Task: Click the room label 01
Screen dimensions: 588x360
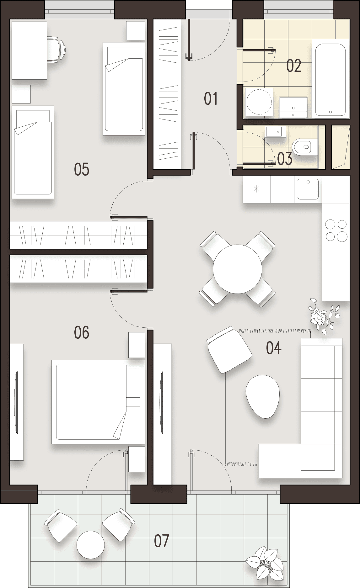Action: coord(211,98)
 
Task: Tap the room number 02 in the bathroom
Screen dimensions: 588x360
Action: coord(294,66)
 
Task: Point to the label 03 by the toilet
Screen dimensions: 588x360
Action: coord(285,159)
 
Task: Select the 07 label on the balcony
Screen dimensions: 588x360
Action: coord(161,541)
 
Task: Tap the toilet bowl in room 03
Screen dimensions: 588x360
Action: coord(301,146)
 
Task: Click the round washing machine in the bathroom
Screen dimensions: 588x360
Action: coord(259,102)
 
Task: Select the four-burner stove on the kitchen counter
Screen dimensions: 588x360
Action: coord(336,230)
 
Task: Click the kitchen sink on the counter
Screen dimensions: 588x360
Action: coord(308,189)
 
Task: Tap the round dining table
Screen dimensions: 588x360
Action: coord(237,269)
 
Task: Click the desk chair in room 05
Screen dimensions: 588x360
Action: coord(56,50)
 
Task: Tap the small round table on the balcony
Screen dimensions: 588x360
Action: coord(90,545)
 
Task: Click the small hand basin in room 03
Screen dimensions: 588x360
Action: coord(276,132)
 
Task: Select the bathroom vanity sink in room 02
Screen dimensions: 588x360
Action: coord(293,107)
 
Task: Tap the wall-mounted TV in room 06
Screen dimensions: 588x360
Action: coord(16,402)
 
